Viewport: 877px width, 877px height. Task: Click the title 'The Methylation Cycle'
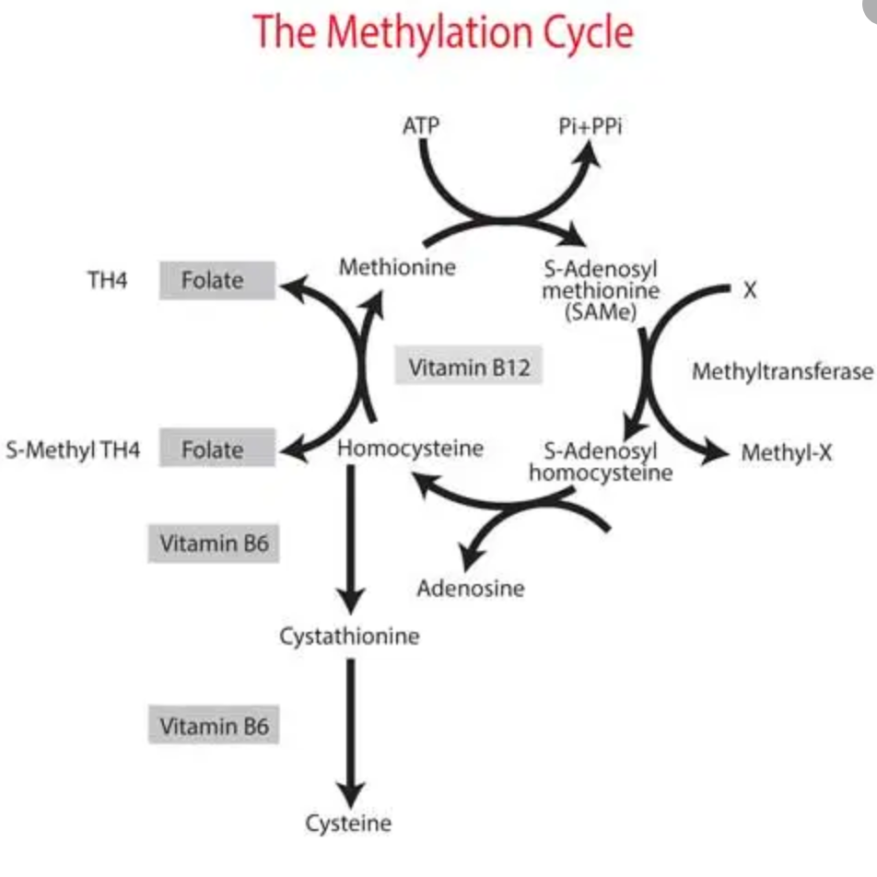[443, 32]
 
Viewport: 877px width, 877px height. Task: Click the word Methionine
[397, 268]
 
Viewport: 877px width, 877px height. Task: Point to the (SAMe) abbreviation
[602, 311]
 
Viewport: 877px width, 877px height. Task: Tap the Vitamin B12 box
[469, 368]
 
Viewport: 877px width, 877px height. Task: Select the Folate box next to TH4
[216, 281]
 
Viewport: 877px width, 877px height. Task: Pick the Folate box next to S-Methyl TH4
[216, 450]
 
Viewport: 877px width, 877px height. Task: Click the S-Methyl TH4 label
[73, 450]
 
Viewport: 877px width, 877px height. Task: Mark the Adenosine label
[470, 588]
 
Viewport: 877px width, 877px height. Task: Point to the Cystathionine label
[349, 636]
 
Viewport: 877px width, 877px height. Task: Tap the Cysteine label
[349, 823]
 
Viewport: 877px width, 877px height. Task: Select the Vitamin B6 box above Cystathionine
[214, 544]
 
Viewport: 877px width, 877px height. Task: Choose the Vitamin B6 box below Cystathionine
[214, 726]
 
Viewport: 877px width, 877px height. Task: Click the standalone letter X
[750, 290]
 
